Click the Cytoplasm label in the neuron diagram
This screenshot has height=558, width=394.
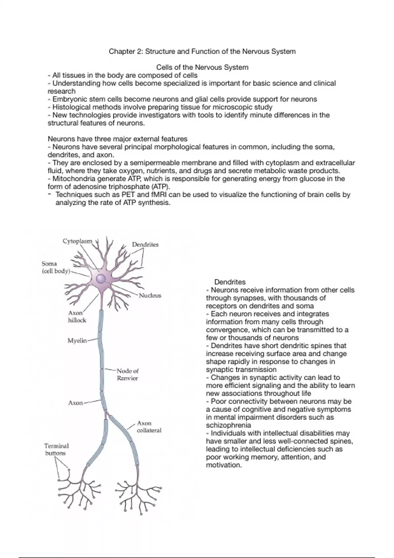[77, 241]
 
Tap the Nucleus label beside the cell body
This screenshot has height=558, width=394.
[150, 295]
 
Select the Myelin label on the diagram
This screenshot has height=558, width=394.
[77, 341]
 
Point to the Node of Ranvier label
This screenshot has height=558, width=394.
[127, 375]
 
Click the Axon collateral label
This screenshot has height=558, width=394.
[149, 427]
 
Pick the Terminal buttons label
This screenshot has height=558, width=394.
[56, 449]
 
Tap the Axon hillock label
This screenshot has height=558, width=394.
[77, 317]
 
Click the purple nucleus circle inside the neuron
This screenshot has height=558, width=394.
[101, 279]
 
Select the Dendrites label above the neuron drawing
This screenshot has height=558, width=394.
[145, 245]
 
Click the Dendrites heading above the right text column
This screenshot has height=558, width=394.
[230, 282]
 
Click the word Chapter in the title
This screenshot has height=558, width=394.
[122, 52]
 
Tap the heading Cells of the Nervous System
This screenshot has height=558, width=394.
[202, 67]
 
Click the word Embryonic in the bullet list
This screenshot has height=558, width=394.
[70, 99]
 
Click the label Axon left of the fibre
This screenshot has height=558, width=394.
[75, 403]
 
